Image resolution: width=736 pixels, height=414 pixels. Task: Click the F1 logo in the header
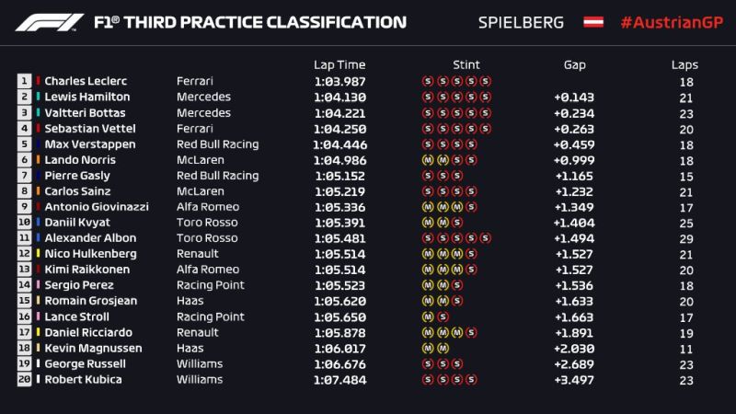click(x=45, y=21)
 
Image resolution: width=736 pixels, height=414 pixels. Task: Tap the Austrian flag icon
click(x=593, y=21)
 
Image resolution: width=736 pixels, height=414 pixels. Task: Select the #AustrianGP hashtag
click(x=668, y=21)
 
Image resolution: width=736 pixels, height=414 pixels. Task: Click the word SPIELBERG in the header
click(x=521, y=21)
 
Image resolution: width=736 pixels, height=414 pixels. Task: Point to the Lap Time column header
click(x=339, y=64)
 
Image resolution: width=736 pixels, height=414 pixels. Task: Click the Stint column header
click(x=466, y=64)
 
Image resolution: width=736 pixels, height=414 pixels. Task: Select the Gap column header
click(x=574, y=64)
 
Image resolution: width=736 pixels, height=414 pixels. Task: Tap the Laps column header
click(x=684, y=64)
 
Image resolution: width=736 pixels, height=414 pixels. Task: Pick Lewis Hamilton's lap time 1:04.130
click(x=339, y=97)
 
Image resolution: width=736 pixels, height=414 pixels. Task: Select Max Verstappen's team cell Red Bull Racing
click(x=217, y=144)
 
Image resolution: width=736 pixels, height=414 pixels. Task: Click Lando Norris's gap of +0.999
click(x=574, y=159)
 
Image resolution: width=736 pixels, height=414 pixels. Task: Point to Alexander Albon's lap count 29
click(x=684, y=237)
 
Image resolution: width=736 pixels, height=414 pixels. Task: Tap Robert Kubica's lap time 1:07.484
click(x=339, y=378)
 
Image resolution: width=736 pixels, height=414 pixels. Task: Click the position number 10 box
click(x=24, y=222)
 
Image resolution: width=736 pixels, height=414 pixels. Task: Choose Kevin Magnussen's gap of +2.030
click(x=574, y=347)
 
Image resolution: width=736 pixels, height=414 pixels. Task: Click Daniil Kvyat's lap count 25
click(x=684, y=222)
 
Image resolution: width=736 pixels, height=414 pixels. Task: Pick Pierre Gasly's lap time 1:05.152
click(x=339, y=175)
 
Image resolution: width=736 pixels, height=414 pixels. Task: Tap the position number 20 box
click(x=24, y=378)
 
